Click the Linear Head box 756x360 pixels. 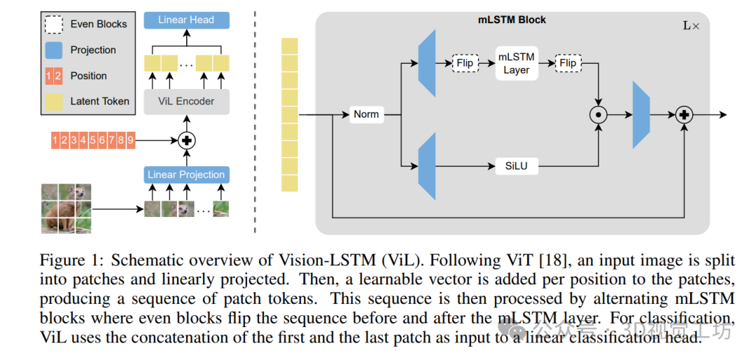coord(186,20)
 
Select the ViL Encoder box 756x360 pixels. coord(186,101)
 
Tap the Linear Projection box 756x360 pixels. coord(186,174)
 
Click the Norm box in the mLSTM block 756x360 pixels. coord(366,114)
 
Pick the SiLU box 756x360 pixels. coord(516,166)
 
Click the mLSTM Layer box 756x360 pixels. coord(516,63)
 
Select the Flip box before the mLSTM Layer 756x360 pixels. coord(465,63)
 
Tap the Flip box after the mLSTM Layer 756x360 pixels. coord(568,63)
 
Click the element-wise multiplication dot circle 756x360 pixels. coord(598,115)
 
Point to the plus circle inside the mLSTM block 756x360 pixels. coord(683,115)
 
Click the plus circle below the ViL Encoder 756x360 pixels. coord(186,140)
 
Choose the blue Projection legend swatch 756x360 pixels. coord(55,50)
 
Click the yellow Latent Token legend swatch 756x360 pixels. coord(55,101)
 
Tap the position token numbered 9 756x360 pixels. coord(129,140)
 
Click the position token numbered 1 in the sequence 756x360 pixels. coord(55,140)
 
